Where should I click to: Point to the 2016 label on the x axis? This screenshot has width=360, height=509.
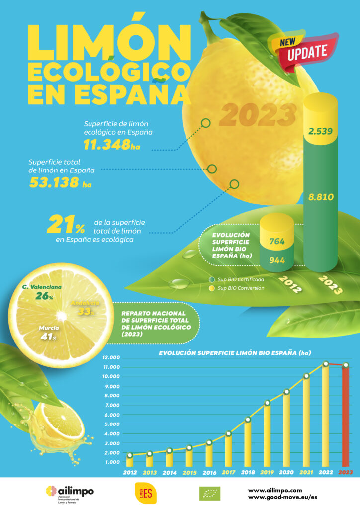click(209, 473)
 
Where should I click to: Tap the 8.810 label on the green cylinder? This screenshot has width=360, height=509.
click(321, 197)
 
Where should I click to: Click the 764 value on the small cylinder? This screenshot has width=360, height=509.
click(276, 242)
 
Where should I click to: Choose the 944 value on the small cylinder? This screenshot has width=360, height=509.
click(276, 260)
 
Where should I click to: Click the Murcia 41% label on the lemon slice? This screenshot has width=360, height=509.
click(48, 332)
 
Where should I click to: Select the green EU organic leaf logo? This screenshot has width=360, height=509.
click(211, 493)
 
